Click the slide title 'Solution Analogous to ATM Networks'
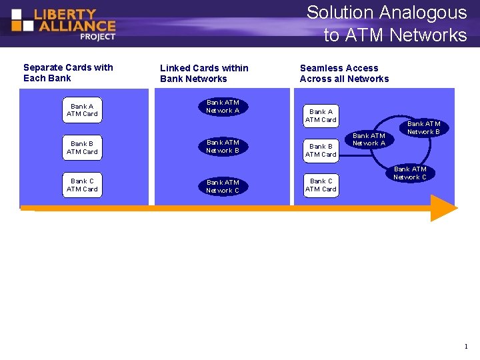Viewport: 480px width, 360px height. click(x=387, y=23)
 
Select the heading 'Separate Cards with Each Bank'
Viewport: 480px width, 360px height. click(x=68, y=73)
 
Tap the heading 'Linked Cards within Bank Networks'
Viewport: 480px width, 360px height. click(x=204, y=73)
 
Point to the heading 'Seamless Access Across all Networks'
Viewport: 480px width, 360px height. click(x=344, y=73)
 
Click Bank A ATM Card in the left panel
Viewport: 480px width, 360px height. click(x=82, y=110)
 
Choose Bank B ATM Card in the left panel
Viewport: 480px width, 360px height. click(x=82, y=147)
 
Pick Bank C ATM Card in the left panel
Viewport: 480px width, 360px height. click(x=82, y=185)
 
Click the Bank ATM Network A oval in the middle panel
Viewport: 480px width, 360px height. click(x=223, y=107)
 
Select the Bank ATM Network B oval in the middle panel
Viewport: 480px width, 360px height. click(x=223, y=146)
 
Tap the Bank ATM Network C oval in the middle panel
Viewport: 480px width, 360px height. click(x=223, y=186)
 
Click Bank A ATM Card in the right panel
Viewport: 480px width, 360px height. click(x=321, y=115)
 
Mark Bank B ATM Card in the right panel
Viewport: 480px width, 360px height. click(x=321, y=150)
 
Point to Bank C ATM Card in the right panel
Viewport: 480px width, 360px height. click(x=321, y=185)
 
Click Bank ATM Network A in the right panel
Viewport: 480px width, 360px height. click(x=369, y=139)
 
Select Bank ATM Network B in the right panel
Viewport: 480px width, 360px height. click(x=423, y=127)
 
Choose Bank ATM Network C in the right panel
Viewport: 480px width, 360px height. click(x=410, y=173)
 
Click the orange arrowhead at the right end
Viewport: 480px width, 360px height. click(x=443, y=208)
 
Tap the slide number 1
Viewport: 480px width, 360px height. click(x=466, y=347)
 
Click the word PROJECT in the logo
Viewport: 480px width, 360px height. click(x=97, y=37)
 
